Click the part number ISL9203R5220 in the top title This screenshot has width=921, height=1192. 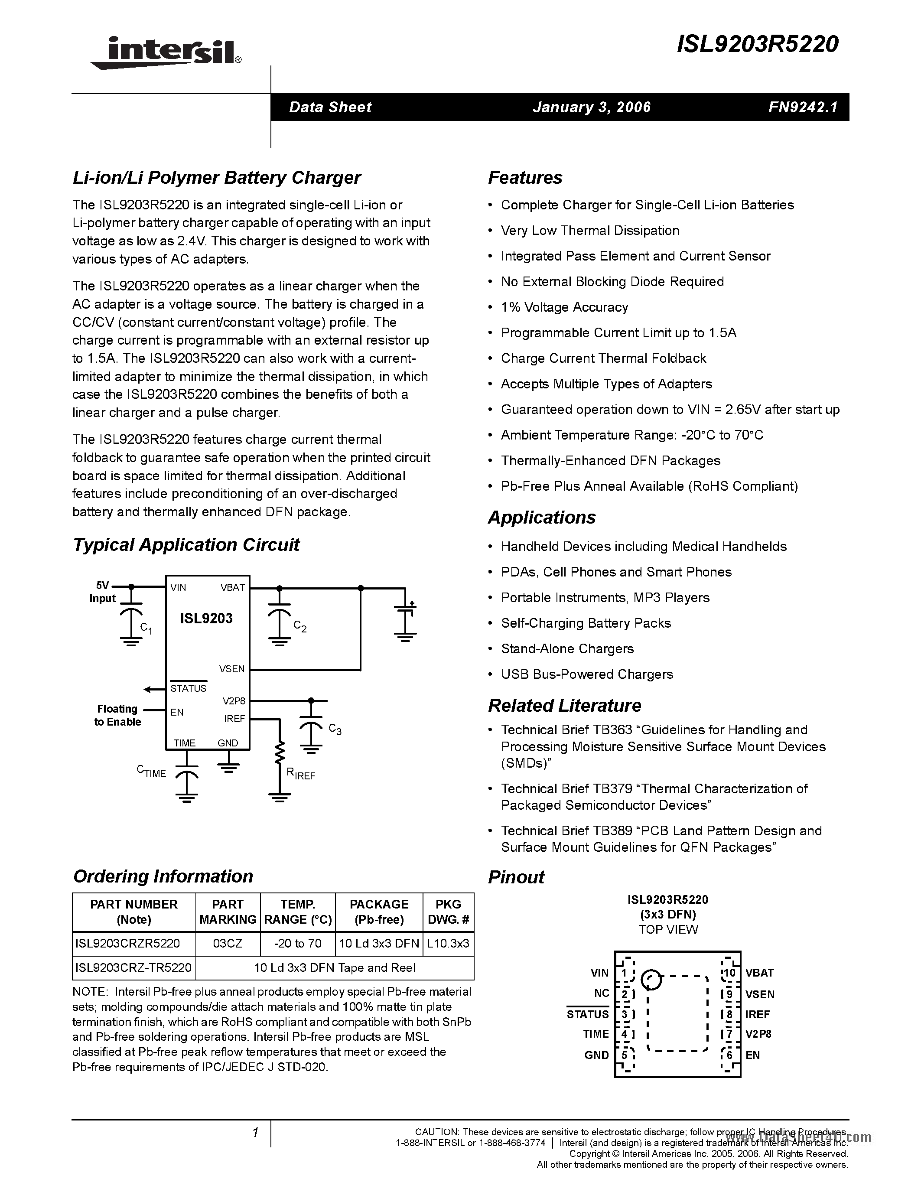[757, 45]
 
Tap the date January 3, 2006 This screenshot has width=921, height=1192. [592, 107]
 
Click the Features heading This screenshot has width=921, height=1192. [525, 178]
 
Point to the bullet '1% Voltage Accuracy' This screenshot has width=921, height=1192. [564, 307]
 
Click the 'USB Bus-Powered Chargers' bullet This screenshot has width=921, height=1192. [586, 674]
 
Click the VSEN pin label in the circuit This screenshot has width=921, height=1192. [232, 668]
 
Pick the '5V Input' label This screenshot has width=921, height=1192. [103, 592]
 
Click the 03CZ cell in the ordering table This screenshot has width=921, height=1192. [228, 943]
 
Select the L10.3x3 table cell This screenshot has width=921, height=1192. [448, 943]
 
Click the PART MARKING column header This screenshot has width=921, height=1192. [228, 912]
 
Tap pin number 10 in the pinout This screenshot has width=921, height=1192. [729, 973]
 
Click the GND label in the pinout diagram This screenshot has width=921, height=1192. [596, 1055]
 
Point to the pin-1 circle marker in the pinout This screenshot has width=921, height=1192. [651, 980]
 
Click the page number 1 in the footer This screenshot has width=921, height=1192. [255, 1133]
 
